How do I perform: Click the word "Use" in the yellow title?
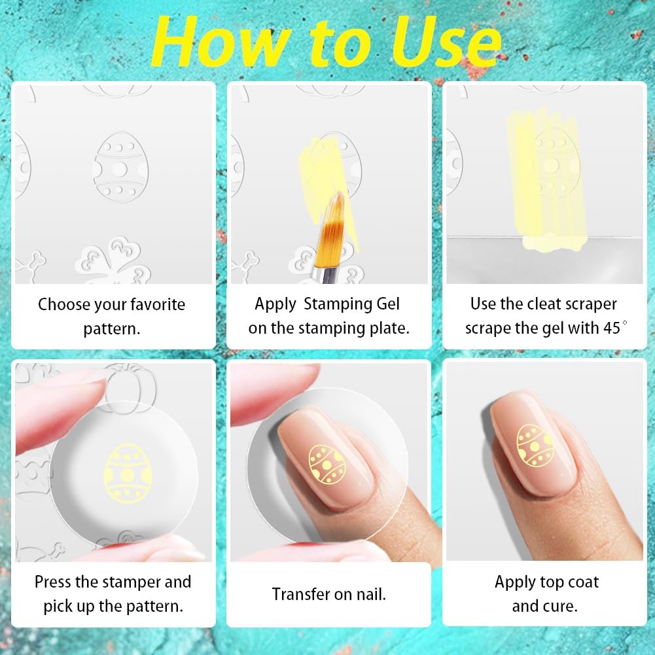[446, 41]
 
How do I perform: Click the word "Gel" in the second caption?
[387, 304]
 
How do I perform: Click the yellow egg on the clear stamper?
[128, 473]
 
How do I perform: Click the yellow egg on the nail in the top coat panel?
[535, 446]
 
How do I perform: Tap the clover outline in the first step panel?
[113, 260]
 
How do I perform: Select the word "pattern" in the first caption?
[111, 329]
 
